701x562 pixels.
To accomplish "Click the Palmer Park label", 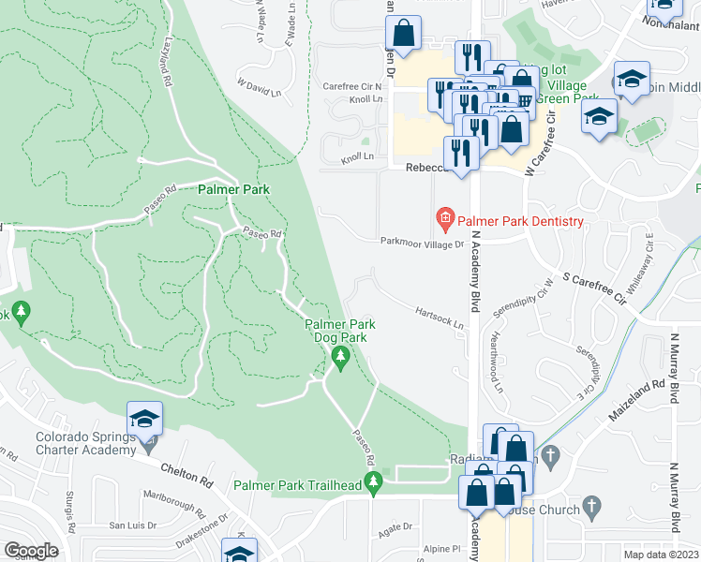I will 233,189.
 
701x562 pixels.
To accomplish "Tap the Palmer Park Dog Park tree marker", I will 339,357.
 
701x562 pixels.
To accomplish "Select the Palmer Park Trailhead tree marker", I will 375,483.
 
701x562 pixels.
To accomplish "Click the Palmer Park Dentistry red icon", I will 444,221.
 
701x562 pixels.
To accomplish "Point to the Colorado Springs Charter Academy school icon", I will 145,418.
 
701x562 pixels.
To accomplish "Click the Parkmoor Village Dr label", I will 422,243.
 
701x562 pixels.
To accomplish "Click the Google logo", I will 32,550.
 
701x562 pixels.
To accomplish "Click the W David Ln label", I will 259,87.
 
